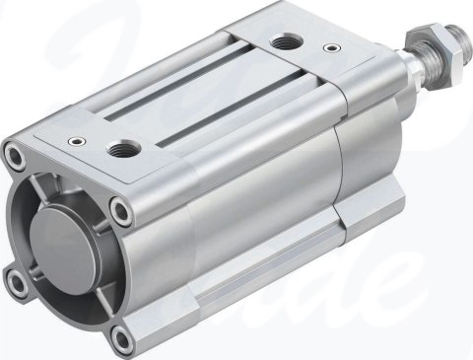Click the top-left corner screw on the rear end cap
[14, 155]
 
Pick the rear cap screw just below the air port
[120, 208]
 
